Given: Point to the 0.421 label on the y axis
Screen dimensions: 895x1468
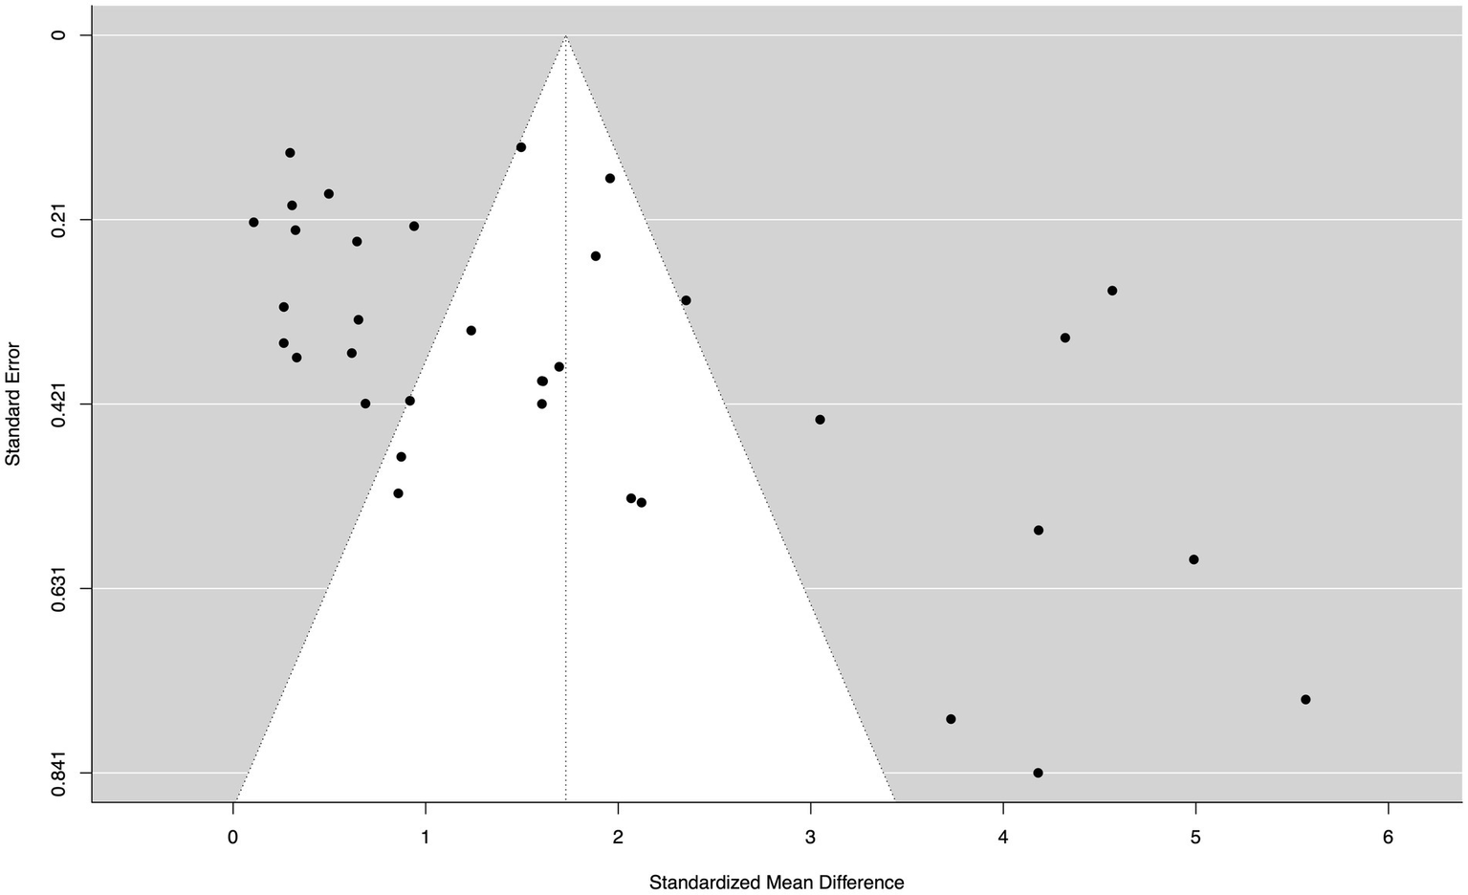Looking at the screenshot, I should tap(59, 404).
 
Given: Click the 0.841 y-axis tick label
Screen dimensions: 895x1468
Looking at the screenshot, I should tap(59, 772).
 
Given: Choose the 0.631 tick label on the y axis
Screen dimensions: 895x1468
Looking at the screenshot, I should tap(59, 587).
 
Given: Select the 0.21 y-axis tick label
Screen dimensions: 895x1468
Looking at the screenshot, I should tap(59, 220).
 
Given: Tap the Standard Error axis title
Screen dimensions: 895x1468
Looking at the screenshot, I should tap(13, 404).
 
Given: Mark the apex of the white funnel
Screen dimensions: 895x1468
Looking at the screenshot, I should tap(566, 36).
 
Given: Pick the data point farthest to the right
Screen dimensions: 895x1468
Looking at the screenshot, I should tap(1305, 699).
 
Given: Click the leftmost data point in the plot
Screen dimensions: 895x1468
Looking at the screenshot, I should tap(253, 222).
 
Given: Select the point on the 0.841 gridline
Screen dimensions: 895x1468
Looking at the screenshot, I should tap(1038, 773).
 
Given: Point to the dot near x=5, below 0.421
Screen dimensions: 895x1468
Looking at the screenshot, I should tap(1194, 559).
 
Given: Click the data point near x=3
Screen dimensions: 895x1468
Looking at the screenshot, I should tap(820, 420).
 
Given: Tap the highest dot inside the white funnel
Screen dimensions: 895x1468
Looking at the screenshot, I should tap(521, 147).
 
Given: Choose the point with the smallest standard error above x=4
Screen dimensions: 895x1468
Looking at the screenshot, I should tap(1112, 291).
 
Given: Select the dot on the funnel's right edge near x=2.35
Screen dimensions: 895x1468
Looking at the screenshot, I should tap(686, 300).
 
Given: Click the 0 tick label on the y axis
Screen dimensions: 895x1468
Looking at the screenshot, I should tap(59, 35).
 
